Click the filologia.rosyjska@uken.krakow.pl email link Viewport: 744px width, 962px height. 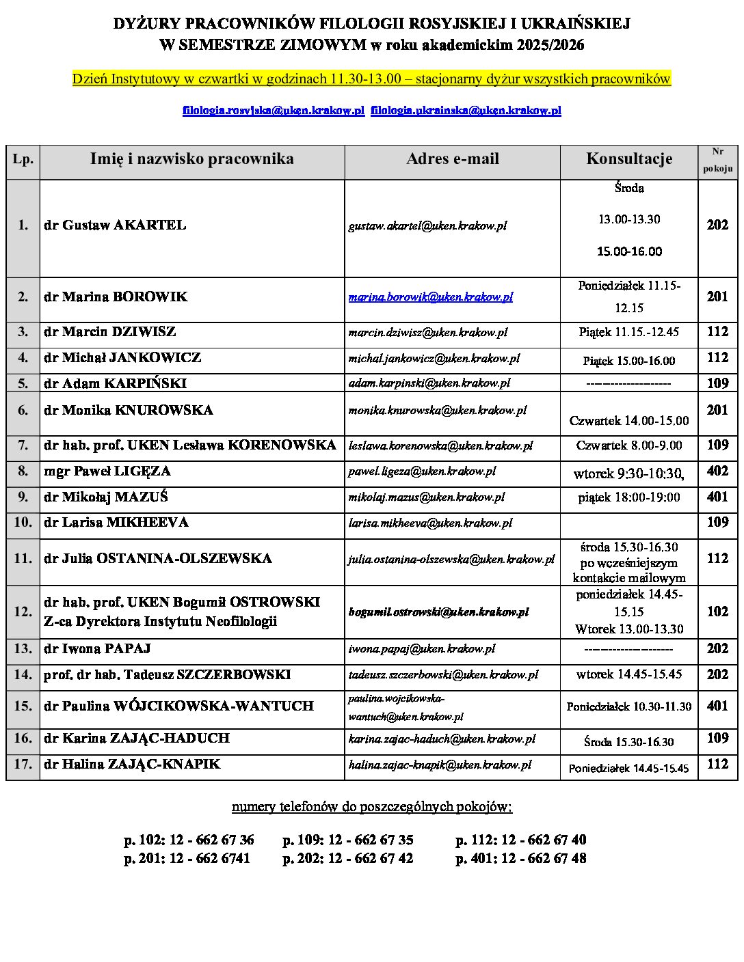(273, 111)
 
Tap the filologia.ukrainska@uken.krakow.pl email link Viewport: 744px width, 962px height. (466, 111)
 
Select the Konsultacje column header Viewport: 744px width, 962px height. (628, 159)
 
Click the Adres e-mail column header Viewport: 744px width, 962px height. (452, 159)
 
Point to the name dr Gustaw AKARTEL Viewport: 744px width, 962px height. (115, 225)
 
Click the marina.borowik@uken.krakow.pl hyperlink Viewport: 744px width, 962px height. (430, 297)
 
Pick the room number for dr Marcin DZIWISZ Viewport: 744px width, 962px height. (717, 332)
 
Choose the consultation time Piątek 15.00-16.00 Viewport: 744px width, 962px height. (628, 361)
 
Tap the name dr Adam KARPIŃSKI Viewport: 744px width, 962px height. (115, 383)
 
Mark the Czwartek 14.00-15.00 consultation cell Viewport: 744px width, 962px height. (628, 421)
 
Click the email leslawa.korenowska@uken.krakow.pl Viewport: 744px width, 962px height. (440, 446)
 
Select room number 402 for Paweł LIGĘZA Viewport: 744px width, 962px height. (717, 471)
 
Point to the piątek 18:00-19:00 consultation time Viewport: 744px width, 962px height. (628, 497)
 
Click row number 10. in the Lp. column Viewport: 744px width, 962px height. (23, 523)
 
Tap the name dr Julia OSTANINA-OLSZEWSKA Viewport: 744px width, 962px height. (157, 559)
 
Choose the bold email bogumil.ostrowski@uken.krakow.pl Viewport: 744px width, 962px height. (438, 612)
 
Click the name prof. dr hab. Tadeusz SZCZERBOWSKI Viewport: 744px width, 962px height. (167, 675)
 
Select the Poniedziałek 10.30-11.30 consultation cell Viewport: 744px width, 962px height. (628, 706)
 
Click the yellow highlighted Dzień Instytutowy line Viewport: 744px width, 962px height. (371, 79)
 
